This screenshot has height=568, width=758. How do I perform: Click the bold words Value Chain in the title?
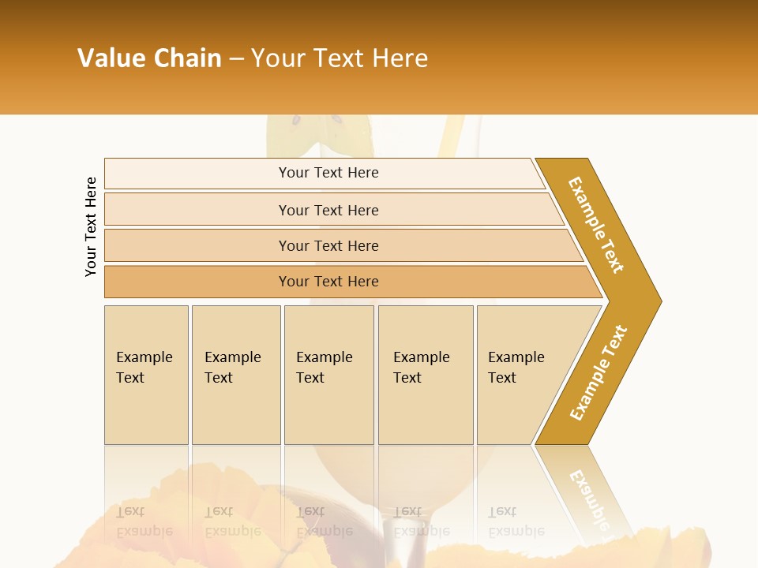(x=149, y=58)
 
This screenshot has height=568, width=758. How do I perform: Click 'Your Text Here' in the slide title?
(x=340, y=58)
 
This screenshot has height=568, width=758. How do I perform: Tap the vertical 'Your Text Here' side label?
(x=91, y=226)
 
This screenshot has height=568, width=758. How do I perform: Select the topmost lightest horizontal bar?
(x=328, y=173)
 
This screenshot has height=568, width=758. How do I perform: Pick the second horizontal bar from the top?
(x=328, y=210)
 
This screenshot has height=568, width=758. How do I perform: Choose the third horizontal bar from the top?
(x=328, y=245)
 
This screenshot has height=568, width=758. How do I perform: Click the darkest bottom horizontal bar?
(x=328, y=282)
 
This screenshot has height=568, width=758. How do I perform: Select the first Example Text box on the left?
(x=146, y=375)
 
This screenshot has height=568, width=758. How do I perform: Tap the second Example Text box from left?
(x=235, y=375)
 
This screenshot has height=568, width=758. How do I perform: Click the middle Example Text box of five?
(x=328, y=375)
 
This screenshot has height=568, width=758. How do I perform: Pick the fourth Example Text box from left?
(x=425, y=375)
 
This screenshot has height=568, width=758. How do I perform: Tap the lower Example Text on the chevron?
(x=598, y=373)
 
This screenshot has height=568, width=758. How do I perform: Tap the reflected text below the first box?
(x=143, y=521)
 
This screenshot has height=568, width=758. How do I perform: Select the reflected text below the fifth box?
(x=515, y=521)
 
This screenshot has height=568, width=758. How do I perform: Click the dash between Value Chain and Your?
(x=236, y=59)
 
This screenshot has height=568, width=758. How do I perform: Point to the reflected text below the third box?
(x=323, y=521)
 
